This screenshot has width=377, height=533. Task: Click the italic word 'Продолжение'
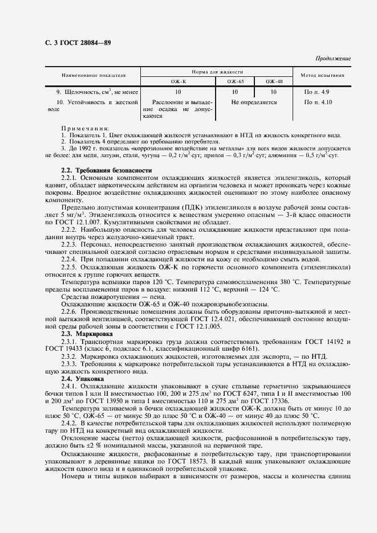(x=333, y=59)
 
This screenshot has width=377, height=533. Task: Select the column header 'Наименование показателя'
(x=94, y=75)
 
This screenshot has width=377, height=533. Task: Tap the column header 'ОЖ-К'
(x=179, y=81)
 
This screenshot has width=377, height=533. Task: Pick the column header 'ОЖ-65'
(x=235, y=81)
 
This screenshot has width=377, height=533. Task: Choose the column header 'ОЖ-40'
(x=274, y=81)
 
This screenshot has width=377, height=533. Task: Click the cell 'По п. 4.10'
(x=318, y=102)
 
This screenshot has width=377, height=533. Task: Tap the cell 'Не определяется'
(x=254, y=102)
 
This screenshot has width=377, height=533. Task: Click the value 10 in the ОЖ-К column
(x=179, y=92)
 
